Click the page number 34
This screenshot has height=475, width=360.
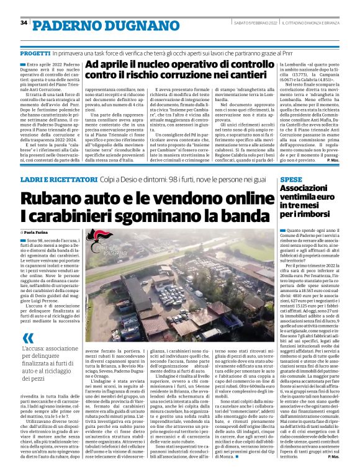point(24,22)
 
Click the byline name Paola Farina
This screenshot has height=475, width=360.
point(43,231)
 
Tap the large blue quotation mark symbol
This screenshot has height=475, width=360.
point(29,339)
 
